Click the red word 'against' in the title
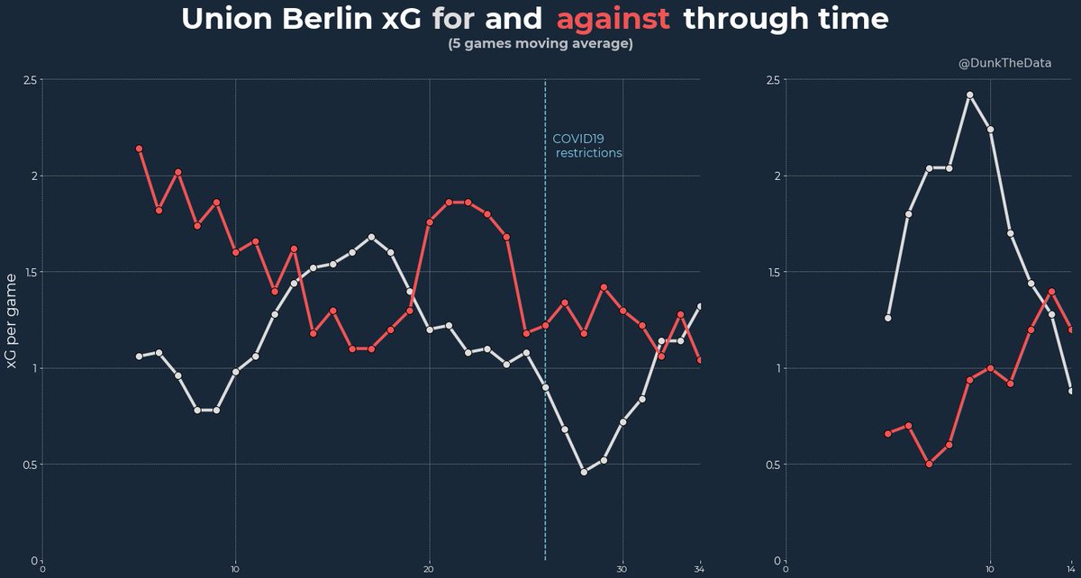(x=613, y=20)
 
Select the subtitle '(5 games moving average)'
(x=540, y=44)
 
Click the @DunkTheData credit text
(x=1004, y=63)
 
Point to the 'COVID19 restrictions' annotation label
(x=586, y=146)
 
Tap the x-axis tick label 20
(x=429, y=569)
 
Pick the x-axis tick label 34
(x=699, y=569)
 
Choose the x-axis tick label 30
(x=622, y=569)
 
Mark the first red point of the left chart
(x=139, y=149)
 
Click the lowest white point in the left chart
(x=584, y=472)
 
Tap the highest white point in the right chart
(x=970, y=95)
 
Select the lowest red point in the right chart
(x=929, y=465)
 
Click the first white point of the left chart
(x=139, y=357)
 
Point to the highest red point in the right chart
(x=1051, y=292)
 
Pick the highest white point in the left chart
(x=371, y=237)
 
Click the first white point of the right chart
(x=888, y=318)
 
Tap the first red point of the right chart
(x=888, y=434)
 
